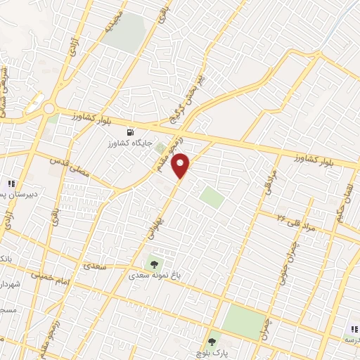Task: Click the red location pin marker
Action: (181, 165)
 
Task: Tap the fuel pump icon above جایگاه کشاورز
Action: (129, 131)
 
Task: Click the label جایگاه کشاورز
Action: (130, 143)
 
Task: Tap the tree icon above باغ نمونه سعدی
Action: (150, 264)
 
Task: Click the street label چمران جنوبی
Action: (288, 257)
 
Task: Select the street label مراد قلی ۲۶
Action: (300, 218)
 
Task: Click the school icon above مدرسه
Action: (354, 328)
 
